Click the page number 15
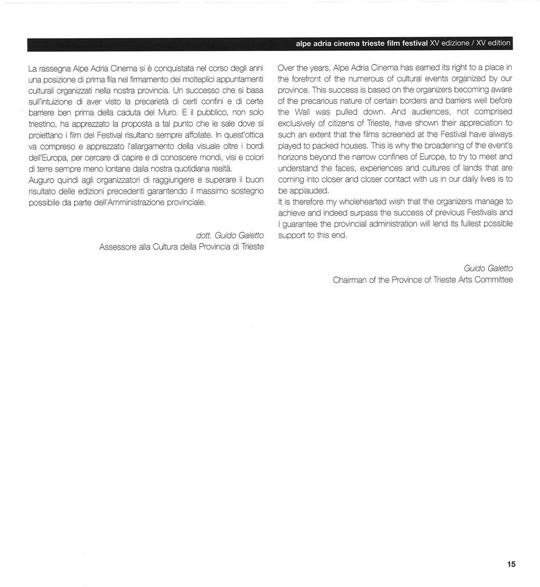click(x=510, y=564)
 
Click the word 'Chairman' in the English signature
click(x=350, y=280)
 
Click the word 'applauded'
click(x=308, y=190)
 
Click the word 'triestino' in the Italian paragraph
click(x=42, y=123)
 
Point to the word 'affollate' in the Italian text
click(x=197, y=135)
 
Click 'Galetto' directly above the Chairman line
click(x=500, y=268)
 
